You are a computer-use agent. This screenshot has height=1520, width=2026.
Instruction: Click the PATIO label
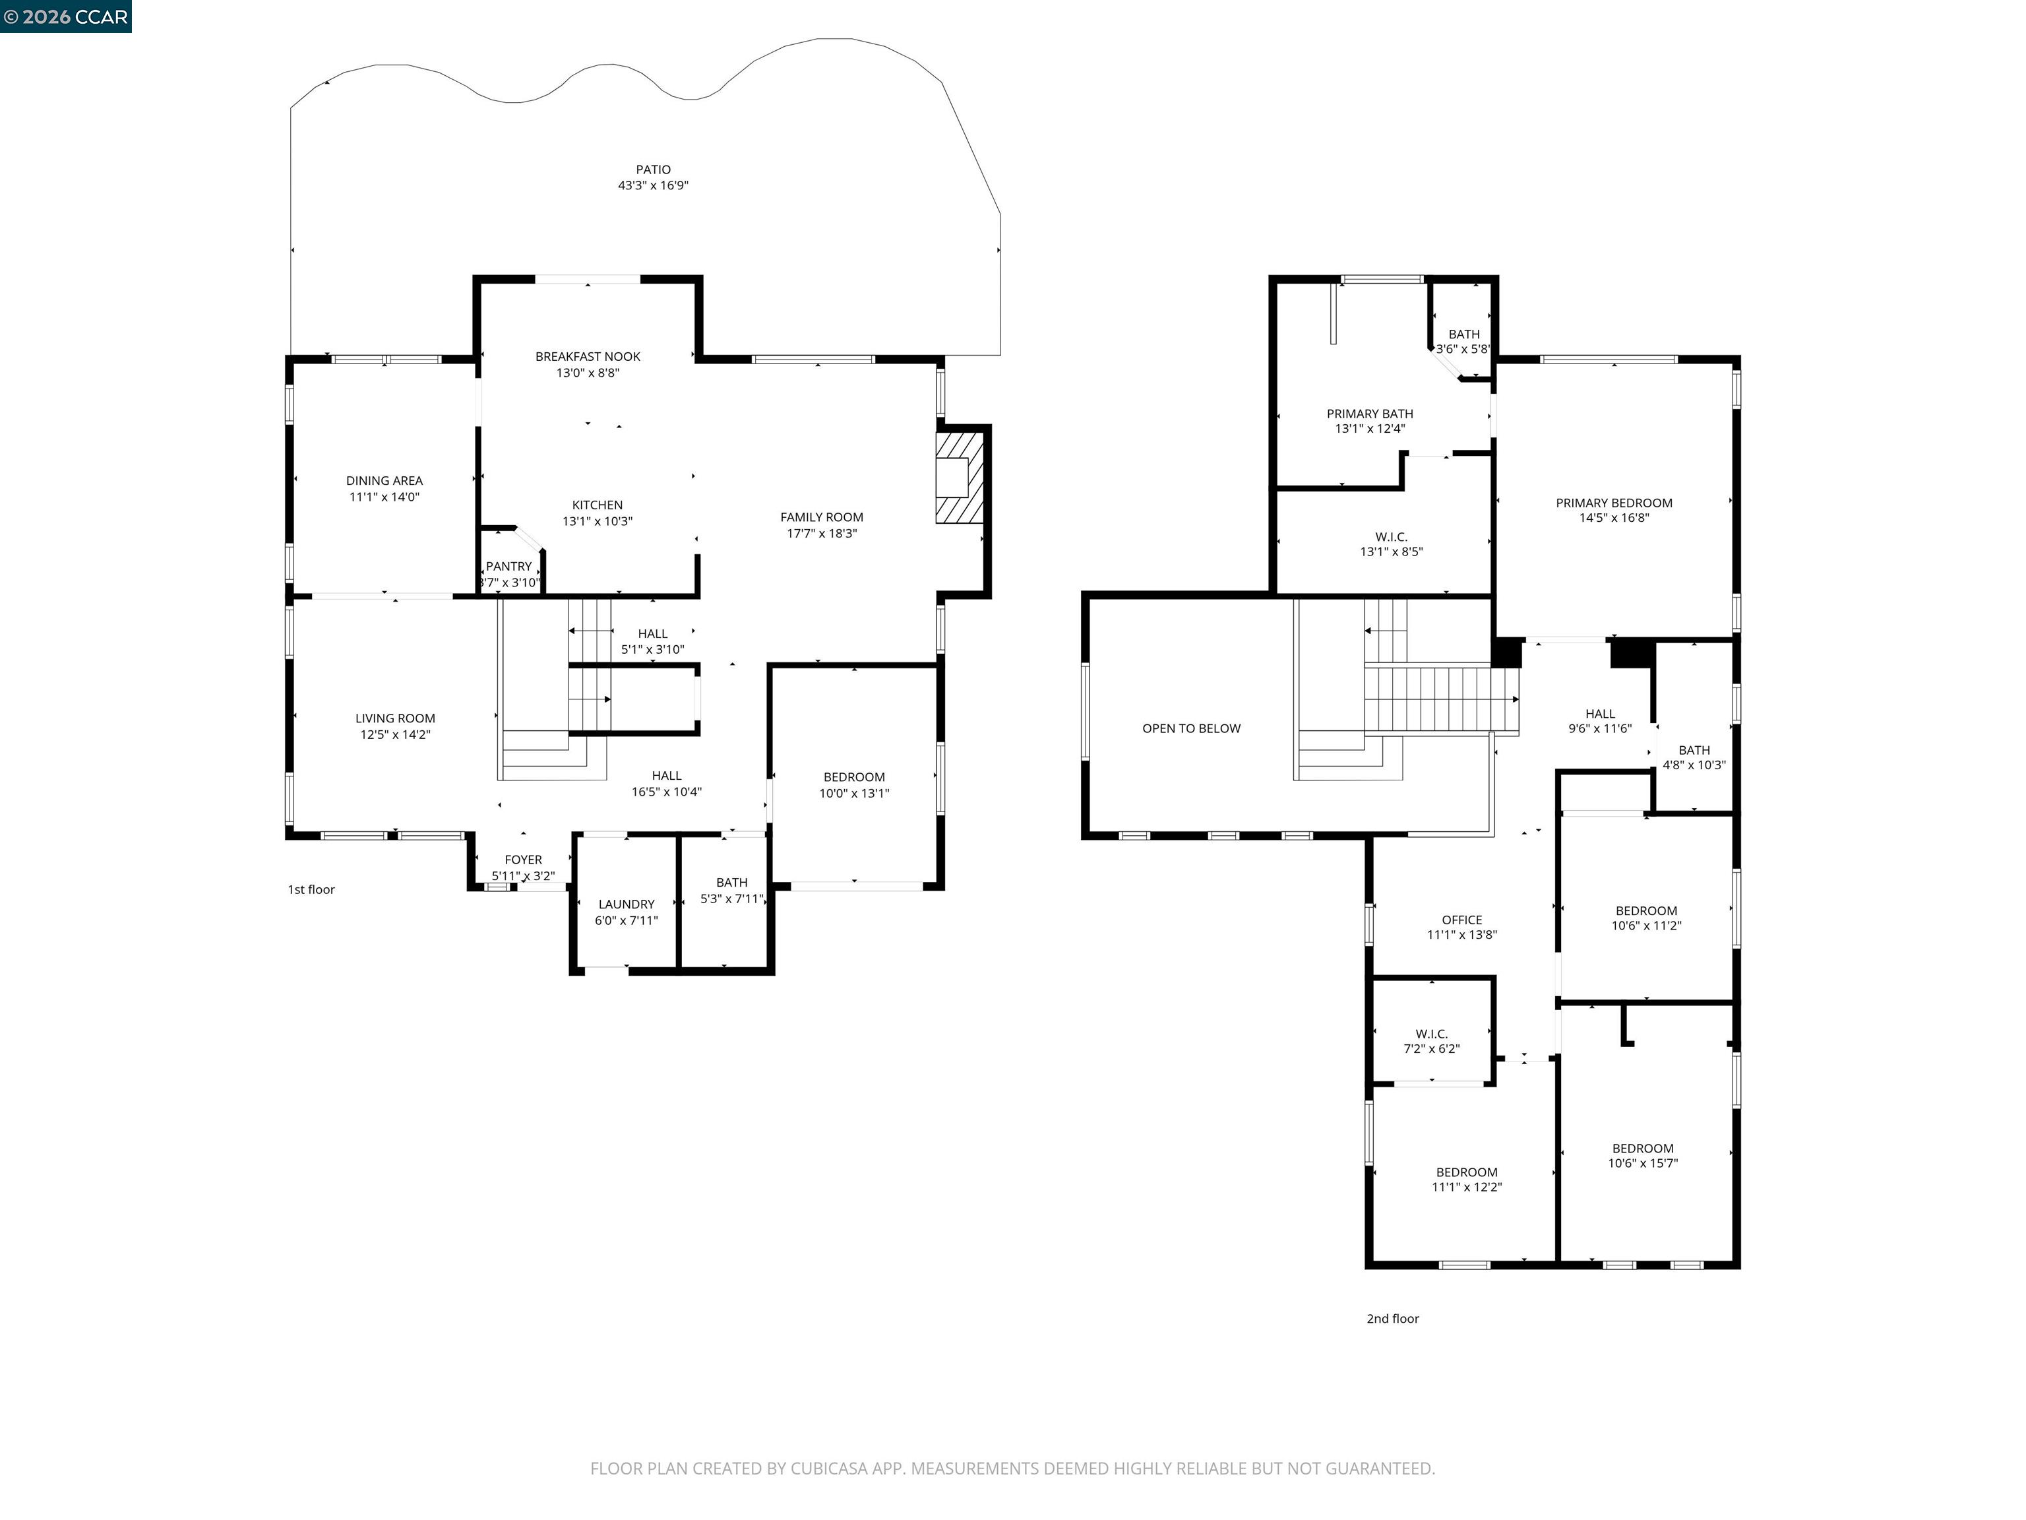tap(653, 170)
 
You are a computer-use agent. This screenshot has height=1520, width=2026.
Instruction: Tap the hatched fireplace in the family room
tap(959, 478)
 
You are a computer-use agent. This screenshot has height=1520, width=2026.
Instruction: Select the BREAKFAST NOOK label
tap(587, 356)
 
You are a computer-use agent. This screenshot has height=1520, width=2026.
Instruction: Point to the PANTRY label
tap(508, 566)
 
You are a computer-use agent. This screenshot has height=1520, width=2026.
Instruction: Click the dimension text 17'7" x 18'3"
tap(822, 533)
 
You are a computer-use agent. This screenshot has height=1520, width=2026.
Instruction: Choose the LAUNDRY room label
tap(626, 904)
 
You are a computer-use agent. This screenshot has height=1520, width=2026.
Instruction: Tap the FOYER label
tap(523, 860)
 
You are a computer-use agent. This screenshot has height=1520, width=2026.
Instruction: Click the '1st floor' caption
tap(311, 890)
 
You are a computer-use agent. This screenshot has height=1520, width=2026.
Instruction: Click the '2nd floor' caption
tap(1392, 1318)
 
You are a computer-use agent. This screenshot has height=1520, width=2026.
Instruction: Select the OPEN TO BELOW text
tap(1190, 728)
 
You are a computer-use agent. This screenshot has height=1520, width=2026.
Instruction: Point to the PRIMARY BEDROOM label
tap(1613, 503)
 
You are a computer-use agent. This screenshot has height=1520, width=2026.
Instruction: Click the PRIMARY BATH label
tap(1369, 414)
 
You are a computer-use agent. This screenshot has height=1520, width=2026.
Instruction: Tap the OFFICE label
tap(1462, 920)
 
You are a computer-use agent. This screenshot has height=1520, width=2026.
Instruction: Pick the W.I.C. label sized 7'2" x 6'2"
tap(1432, 1034)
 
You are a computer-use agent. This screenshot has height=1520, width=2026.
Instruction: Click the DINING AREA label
tap(384, 480)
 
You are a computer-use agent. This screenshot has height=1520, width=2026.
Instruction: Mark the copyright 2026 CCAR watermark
tap(66, 16)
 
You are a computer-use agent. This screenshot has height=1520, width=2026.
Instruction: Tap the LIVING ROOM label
tap(395, 718)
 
